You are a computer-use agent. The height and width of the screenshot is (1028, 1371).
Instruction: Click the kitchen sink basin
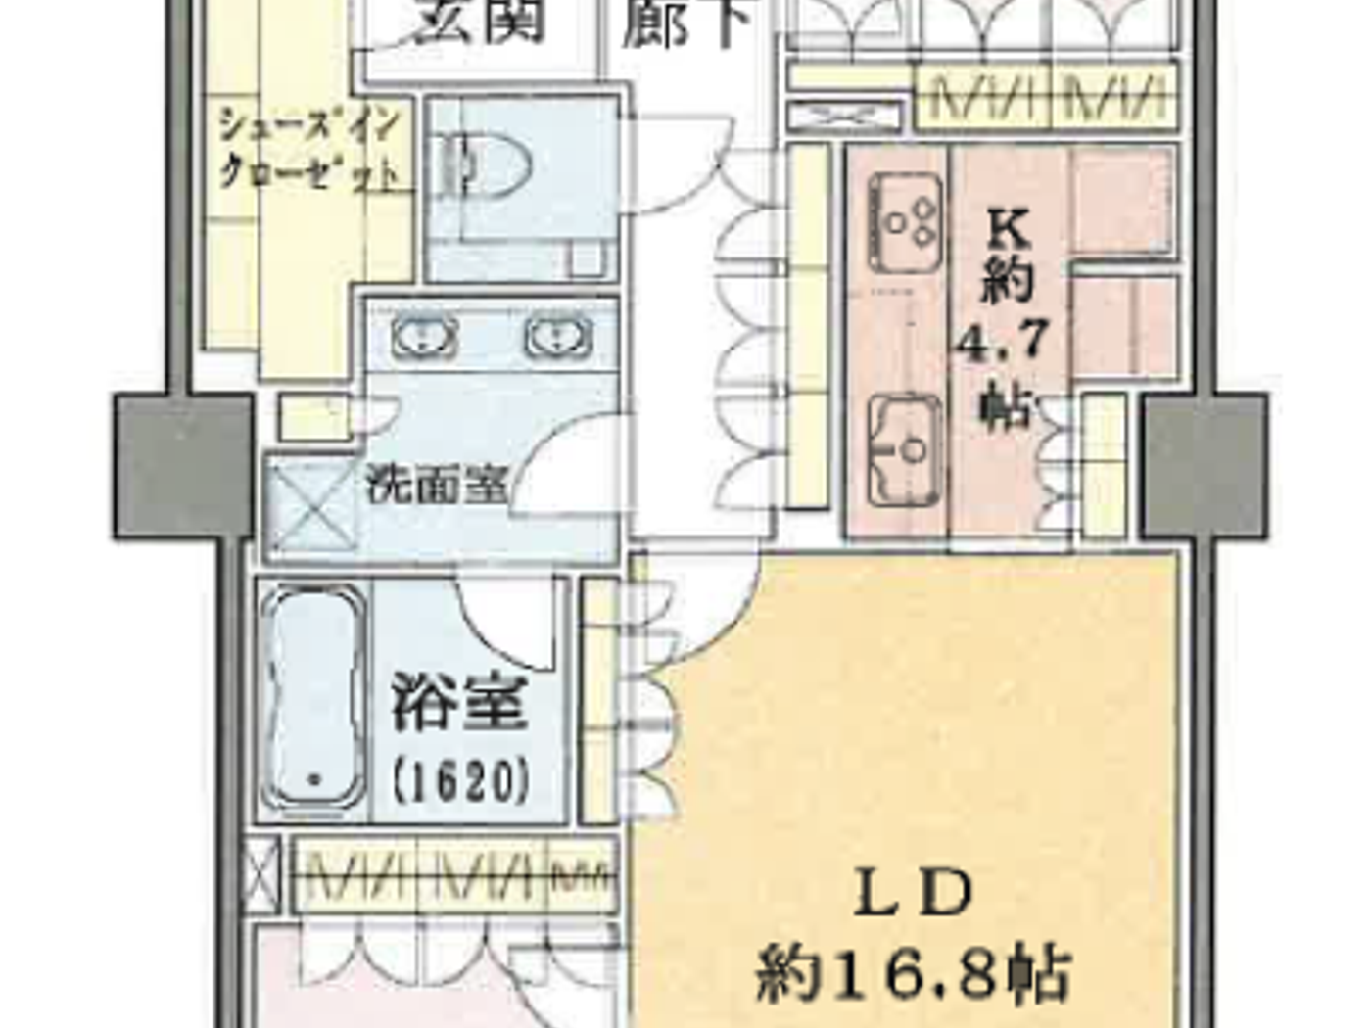coord(905,450)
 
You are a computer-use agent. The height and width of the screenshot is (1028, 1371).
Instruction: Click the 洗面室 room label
coord(438,483)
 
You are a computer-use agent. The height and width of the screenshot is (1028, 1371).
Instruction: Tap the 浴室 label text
coord(461,703)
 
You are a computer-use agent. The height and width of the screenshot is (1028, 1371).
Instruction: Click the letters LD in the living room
coord(914,893)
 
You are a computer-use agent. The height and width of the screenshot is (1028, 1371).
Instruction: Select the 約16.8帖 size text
coord(913,972)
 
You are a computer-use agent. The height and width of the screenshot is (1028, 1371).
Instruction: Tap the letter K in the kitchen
coord(1008,229)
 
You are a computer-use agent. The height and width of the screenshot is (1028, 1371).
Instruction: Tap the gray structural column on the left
coord(183,465)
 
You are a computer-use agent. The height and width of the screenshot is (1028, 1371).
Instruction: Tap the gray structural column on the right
coord(1206,465)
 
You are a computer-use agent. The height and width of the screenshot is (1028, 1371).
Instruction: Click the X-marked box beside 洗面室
coord(312,506)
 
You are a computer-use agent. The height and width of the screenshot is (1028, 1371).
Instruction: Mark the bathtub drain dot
coord(314,780)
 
